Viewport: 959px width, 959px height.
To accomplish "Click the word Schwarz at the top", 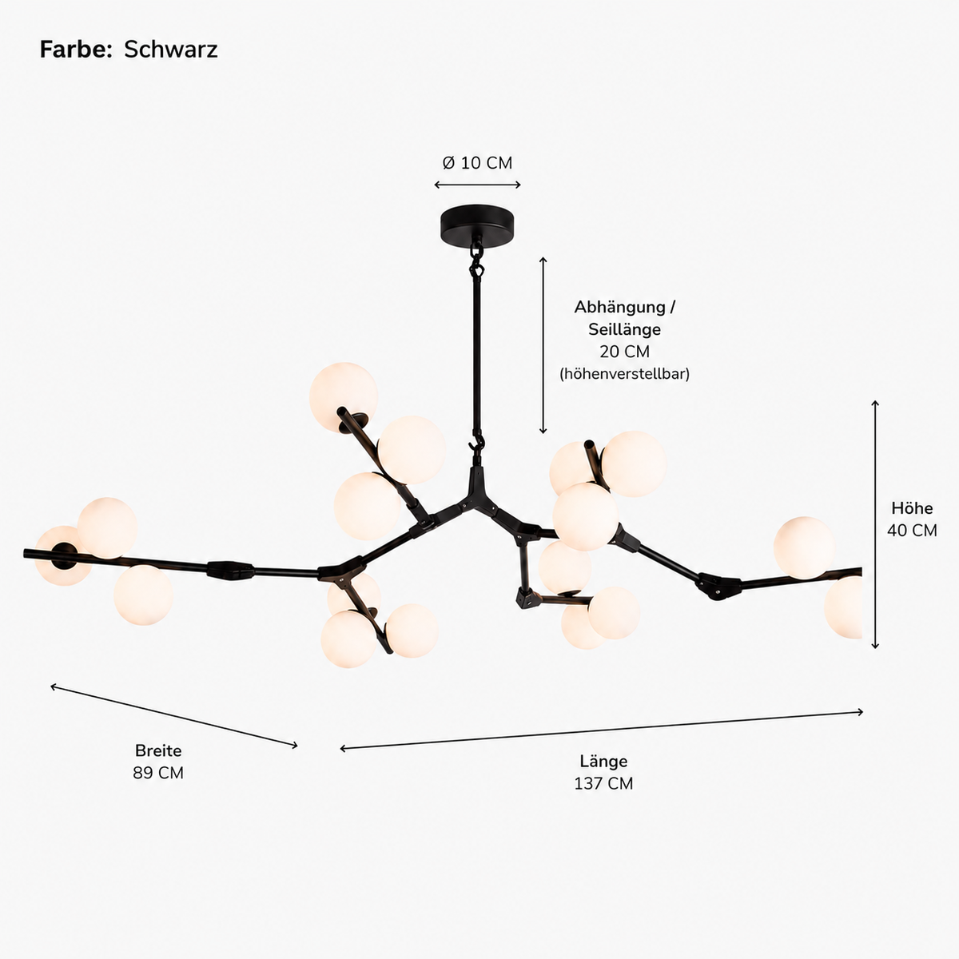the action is pyautogui.click(x=171, y=50).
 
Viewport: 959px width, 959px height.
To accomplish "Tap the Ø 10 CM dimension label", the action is pyautogui.click(x=477, y=163).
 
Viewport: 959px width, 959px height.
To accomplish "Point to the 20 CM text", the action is pyautogui.click(x=625, y=352).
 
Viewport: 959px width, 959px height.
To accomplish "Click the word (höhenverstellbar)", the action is pyautogui.click(x=625, y=374).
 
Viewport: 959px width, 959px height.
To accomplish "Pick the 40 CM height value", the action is pyautogui.click(x=912, y=531).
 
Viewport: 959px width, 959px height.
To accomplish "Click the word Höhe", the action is pyautogui.click(x=912, y=508).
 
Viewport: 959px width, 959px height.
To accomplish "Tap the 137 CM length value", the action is pyautogui.click(x=603, y=783).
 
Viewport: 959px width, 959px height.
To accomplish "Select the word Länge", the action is pyautogui.click(x=603, y=761).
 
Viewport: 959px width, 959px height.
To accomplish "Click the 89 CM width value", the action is pyautogui.click(x=158, y=773).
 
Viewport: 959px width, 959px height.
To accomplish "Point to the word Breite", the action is pyautogui.click(x=158, y=750).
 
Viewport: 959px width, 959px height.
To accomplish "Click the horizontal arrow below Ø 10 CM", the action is pyautogui.click(x=477, y=185).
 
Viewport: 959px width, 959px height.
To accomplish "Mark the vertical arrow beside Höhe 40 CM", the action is pyautogui.click(x=875, y=524).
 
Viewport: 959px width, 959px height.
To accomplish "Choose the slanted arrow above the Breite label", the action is pyautogui.click(x=174, y=717).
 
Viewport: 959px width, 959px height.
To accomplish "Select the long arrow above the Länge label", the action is pyautogui.click(x=601, y=730).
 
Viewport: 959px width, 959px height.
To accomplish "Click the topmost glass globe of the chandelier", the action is pyautogui.click(x=343, y=396).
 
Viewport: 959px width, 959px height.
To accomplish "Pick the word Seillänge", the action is pyautogui.click(x=625, y=329).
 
